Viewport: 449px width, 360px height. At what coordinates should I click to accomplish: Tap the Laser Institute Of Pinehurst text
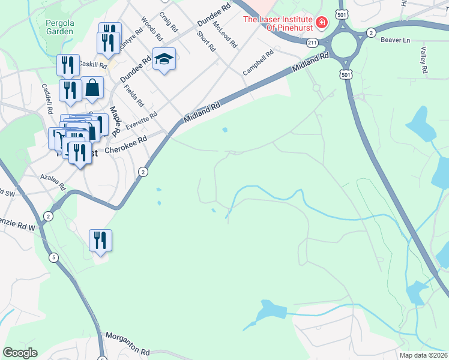(278, 23)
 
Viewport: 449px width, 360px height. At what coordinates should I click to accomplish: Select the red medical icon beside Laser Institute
(322, 22)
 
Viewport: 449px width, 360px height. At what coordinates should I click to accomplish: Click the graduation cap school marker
(164, 59)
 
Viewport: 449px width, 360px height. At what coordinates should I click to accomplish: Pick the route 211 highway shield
(312, 43)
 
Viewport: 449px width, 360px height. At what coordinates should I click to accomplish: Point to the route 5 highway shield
(54, 257)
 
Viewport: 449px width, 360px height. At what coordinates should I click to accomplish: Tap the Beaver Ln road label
(395, 40)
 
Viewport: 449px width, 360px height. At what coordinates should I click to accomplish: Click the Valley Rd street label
(424, 61)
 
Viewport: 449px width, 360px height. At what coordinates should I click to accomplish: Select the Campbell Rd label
(258, 62)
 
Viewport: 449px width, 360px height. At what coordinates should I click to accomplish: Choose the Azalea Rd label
(53, 182)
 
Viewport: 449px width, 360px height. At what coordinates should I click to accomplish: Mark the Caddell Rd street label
(47, 98)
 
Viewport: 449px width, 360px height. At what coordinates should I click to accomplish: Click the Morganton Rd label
(127, 343)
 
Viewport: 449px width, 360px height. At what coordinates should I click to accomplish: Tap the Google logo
(20, 352)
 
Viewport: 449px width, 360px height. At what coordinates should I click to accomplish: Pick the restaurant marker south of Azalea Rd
(100, 241)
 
